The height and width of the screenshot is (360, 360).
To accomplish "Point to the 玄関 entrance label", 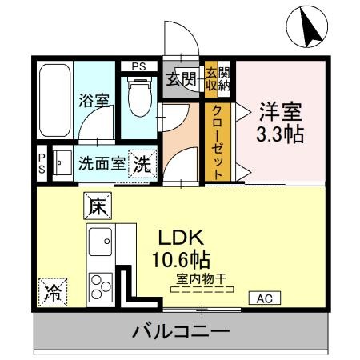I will [182, 78].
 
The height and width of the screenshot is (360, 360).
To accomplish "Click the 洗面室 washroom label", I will [102, 165].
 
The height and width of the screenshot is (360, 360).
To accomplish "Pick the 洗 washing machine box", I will [142, 165].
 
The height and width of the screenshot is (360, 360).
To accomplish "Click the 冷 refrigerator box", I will [52, 290].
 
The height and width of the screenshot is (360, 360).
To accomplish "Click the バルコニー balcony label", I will [181, 331].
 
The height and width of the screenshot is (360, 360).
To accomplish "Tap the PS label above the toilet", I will [139, 66].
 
